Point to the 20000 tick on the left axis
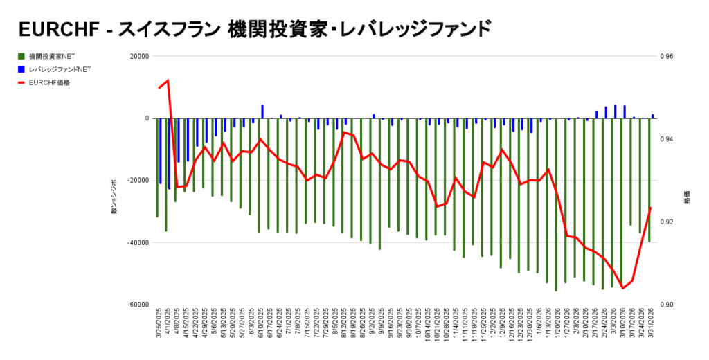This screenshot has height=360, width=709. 139,57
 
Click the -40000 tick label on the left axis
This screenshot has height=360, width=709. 138,243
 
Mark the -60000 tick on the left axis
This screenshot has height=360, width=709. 138,305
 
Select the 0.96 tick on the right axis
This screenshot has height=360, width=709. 666,57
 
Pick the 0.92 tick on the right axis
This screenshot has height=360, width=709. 666,222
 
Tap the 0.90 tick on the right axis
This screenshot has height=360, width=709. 666,305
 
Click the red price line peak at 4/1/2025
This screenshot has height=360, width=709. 168,80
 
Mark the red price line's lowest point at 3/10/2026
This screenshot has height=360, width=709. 622,288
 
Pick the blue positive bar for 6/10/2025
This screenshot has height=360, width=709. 262,111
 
